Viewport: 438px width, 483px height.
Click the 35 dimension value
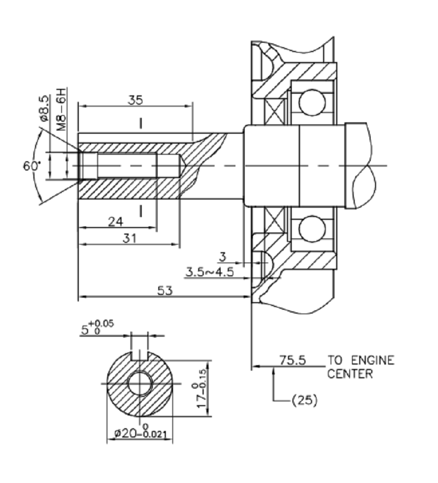tap(136, 100)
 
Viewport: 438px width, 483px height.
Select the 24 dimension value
tap(115, 221)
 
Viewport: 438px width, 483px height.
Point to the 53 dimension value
tap(165, 291)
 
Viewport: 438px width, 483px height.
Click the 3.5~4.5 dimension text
tap(210, 271)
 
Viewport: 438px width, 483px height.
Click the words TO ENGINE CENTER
tap(361, 367)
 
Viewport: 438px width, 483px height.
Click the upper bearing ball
tap(313, 103)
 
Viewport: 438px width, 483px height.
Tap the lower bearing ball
tap(313, 229)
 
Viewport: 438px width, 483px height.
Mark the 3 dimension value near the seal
tap(222, 256)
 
